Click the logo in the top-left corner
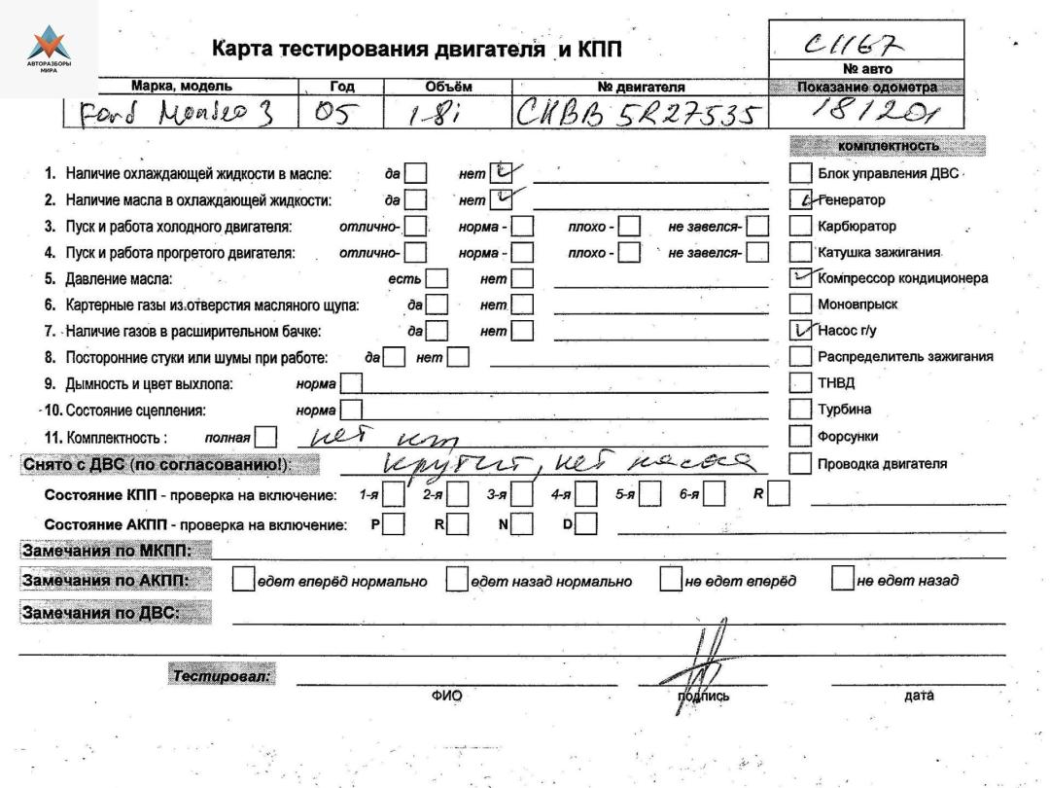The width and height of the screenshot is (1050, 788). (x=49, y=48)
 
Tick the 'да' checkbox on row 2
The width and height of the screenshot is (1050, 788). (x=415, y=201)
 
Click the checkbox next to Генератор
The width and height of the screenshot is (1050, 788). (x=800, y=200)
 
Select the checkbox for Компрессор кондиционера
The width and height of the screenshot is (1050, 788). (x=800, y=278)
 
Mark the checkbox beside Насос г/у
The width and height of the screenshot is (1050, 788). (x=800, y=331)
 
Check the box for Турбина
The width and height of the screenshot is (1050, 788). (x=800, y=409)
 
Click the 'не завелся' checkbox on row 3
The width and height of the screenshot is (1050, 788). (x=757, y=227)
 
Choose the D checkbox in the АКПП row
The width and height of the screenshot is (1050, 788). (x=585, y=527)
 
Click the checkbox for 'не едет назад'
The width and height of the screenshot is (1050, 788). (x=842, y=581)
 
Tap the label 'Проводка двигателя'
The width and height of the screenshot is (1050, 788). (x=881, y=463)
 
